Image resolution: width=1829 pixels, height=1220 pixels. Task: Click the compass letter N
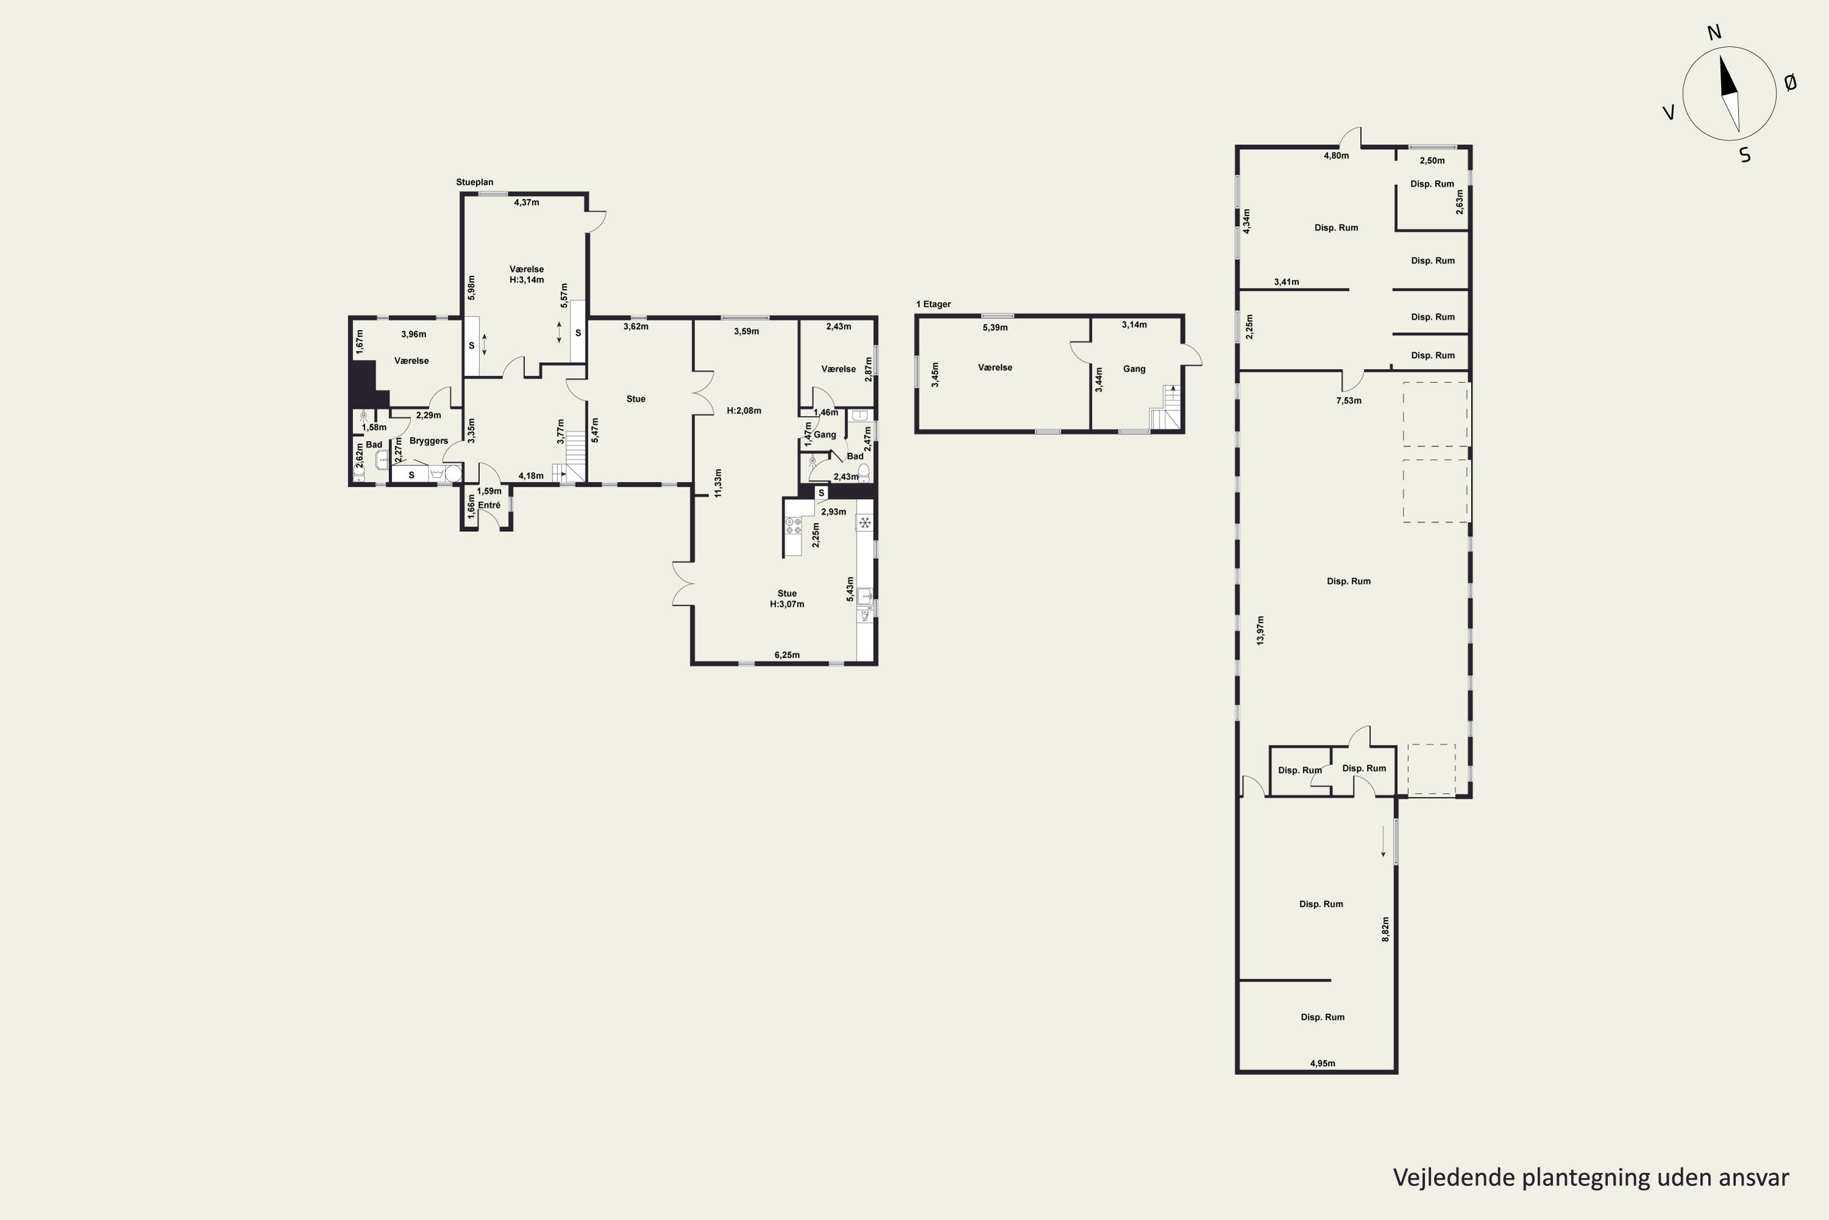1714,54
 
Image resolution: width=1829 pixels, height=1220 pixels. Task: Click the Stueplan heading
474,182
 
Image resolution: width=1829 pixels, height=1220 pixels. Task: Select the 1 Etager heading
933,304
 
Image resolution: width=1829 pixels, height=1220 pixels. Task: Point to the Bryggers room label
429,440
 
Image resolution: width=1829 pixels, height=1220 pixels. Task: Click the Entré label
489,505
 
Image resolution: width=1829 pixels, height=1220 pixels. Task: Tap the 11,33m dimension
718,483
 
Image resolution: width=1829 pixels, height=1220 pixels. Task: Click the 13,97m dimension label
1260,630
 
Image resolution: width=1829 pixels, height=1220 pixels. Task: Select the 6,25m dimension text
787,655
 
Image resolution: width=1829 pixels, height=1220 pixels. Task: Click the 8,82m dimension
1385,929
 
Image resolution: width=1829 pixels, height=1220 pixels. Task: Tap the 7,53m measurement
1349,401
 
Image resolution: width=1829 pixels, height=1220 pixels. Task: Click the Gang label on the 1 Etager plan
1134,369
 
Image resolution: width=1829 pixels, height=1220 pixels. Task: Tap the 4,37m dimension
527,203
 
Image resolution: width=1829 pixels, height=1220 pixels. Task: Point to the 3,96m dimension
414,334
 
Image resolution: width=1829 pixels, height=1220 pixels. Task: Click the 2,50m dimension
1431,161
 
